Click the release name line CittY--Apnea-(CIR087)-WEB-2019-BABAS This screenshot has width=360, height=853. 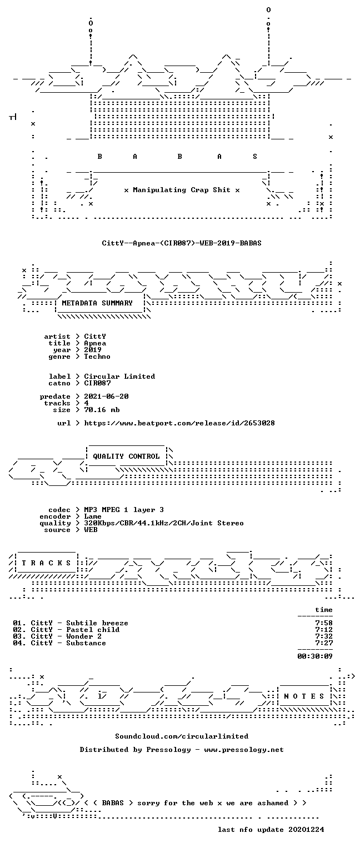tap(182, 243)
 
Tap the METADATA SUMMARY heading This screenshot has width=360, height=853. tap(97, 303)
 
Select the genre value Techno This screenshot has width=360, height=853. tap(97, 357)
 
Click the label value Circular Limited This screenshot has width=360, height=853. tap(119, 376)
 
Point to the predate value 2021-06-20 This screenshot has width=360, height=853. tap(106, 397)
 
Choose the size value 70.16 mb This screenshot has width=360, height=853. tap(102, 410)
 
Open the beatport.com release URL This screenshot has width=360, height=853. tap(179, 423)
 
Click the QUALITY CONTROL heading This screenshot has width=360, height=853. tap(127, 456)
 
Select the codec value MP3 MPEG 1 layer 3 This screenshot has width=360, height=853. tap(124, 509)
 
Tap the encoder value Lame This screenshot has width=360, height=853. tap(93, 516)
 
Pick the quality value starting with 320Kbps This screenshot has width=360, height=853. tap(164, 523)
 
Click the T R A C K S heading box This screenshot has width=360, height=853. tap(46, 563)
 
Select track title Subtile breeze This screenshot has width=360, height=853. tap(97, 623)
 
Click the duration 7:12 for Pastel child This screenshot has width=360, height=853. tap(324, 630)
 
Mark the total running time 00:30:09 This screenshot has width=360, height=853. tap(315, 656)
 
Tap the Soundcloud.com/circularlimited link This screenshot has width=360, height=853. tap(182, 736)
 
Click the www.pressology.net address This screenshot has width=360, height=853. tap(244, 749)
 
